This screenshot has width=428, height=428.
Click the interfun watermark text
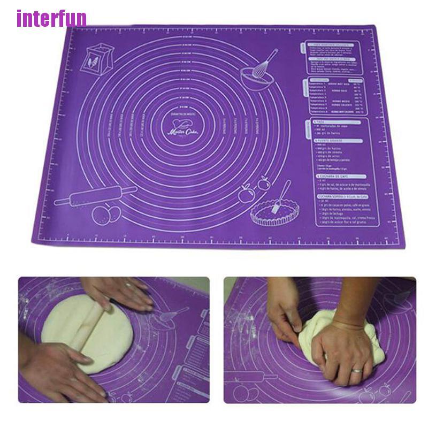[51, 18]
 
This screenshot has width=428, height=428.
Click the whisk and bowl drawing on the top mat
[258, 72]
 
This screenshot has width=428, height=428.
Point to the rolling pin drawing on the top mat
[95, 195]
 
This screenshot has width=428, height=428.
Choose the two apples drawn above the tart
[254, 190]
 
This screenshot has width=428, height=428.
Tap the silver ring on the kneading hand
[356, 371]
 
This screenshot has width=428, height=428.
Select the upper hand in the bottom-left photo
[118, 292]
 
